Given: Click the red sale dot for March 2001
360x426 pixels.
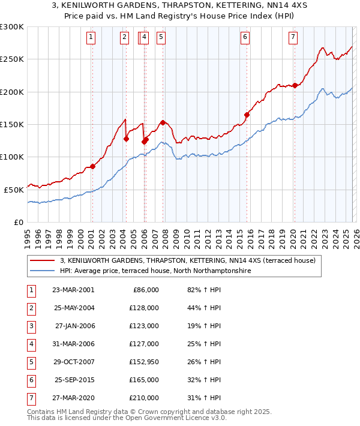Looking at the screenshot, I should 92,166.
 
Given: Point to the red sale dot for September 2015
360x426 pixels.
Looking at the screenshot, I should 247,115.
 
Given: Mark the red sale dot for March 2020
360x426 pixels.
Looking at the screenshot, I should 295,85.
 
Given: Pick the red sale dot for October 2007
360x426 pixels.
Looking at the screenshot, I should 163,122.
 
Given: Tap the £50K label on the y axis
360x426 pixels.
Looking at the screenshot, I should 14,190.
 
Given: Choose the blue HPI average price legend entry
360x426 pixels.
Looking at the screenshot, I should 155,271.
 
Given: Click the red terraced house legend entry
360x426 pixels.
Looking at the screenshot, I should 191,260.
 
